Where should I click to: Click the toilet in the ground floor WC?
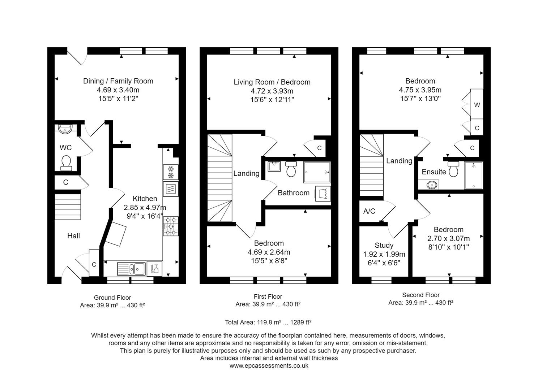tap(66, 162)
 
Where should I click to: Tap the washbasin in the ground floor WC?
tap(65, 128)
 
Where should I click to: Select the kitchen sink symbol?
tap(132, 269)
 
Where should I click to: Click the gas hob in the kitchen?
tap(171, 226)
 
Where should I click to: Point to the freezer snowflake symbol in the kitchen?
tap(171, 172)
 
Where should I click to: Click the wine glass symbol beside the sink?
tap(154, 269)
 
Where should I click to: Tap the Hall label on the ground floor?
tap(73, 236)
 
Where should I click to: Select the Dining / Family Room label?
tap(118, 81)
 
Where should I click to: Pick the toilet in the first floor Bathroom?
tap(291, 169)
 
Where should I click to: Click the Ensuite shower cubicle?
tap(473, 175)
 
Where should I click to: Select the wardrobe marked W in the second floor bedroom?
tap(477, 105)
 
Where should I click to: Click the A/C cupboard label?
tap(369, 211)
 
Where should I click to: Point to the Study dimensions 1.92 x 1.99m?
tap(384, 254)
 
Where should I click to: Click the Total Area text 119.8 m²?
tap(268, 322)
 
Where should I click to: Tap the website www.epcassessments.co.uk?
tap(269, 365)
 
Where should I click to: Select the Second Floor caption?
tap(420, 295)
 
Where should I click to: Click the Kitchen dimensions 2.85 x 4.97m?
tap(145, 208)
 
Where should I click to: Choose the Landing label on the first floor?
tap(246, 173)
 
